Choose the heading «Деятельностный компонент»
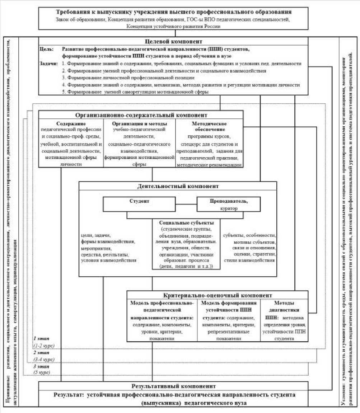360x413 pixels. pyautogui.click(x=178, y=186)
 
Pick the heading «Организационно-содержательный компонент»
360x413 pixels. pyautogui.click(x=141, y=116)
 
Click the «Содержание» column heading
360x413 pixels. pyautogui.click(x=71, y=123)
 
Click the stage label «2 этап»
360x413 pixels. pyautogui.click(x=40, y=353)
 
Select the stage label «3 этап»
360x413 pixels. pyautogui.click(x=40, y=366)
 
